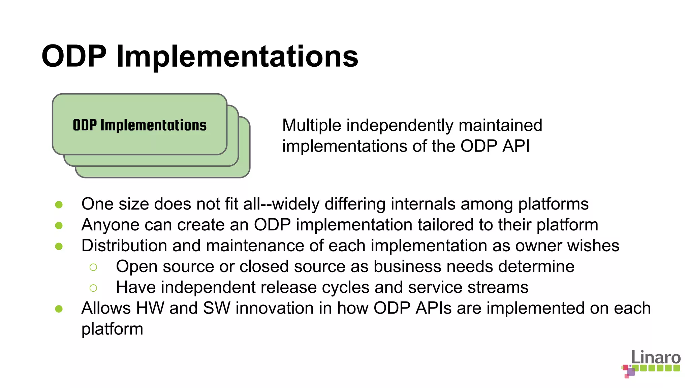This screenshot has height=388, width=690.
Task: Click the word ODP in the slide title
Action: click(x=74, y=56)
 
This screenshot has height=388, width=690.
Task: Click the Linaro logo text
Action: click(x=656, y=357)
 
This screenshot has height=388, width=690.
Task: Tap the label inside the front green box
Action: click(x=139, y=125)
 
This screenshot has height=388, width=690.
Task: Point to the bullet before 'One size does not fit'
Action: click(x=59, y=204)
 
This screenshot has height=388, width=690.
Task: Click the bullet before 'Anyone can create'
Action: click(x=59, y=225)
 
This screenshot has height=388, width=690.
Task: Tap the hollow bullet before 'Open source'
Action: click(x=93, y=267)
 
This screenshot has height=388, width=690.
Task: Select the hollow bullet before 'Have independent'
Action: click(x=93, y=288)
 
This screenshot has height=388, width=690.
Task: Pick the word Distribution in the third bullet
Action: click(x=124, y=246)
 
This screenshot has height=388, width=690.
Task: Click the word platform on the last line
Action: click(x=112, y=329)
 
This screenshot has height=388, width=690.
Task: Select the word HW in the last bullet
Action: click(x=150, y=308)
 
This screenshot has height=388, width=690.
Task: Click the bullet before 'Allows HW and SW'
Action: click(x=59, y=309)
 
